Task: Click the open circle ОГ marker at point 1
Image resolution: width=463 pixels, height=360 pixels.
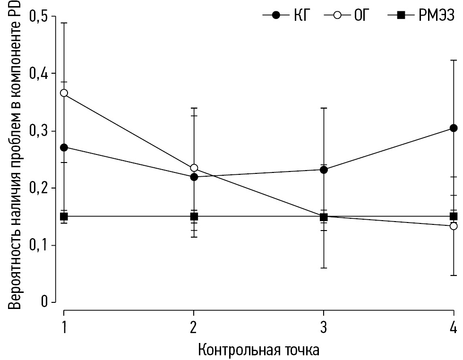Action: [x=64, y=93]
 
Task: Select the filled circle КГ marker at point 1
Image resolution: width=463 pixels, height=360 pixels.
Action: [x=64, y=147]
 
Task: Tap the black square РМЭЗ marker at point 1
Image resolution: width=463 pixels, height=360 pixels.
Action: [x=64, y=216]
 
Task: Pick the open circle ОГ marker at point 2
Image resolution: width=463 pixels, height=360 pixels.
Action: [x=194, y=168]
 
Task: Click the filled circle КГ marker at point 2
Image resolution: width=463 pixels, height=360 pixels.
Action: [x=194, y=177]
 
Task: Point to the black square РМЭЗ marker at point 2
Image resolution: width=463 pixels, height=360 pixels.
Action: [x=194, y=216]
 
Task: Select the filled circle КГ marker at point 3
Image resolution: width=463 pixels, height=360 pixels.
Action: [x=324, y=170]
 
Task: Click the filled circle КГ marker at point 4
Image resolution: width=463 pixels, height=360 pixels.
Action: [x=454, y=128]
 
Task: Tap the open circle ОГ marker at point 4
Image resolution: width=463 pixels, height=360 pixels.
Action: [x=454, y=226]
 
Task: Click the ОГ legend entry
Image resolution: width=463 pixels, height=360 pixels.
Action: [x=347, y=16]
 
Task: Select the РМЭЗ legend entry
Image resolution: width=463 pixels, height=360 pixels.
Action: [x=420, y=16]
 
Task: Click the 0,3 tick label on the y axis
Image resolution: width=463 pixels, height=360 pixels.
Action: [x=39, y=131]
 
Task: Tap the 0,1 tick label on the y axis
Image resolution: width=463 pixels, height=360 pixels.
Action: [x=39, y=245]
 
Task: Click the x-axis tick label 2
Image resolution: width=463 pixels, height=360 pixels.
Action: [x=194, y=327]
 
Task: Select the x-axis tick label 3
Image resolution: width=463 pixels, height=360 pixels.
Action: [x=324, y=327]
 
